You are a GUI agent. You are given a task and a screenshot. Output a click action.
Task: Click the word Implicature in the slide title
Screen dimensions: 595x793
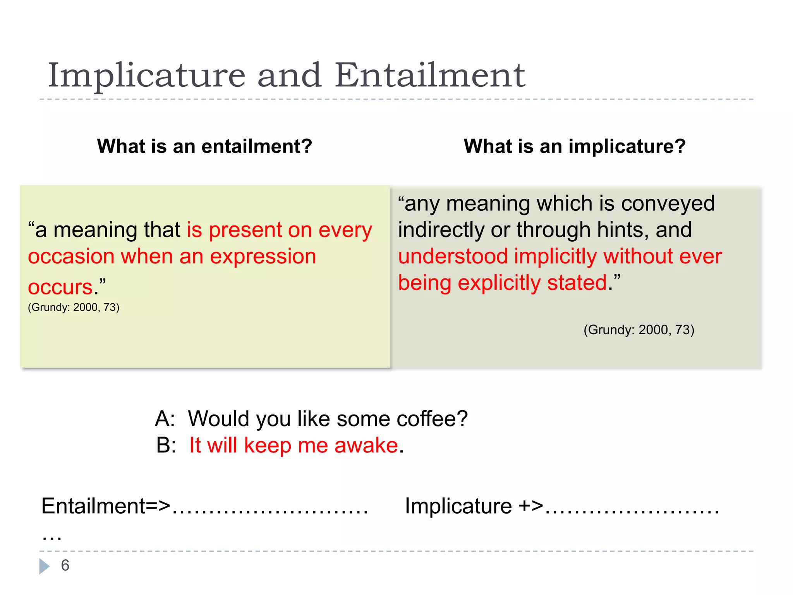146,76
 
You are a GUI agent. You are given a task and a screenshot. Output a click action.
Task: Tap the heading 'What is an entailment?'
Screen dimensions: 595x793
204,146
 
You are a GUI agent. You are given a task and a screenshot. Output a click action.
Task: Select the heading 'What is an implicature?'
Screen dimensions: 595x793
575,146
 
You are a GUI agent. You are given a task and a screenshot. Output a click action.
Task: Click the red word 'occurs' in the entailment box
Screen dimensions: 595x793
60,287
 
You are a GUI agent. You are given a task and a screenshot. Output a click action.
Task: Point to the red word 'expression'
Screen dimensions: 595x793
263,257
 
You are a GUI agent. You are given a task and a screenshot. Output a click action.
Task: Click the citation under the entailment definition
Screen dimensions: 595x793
74,308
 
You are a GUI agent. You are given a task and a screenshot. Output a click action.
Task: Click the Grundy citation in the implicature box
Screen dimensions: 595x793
639,330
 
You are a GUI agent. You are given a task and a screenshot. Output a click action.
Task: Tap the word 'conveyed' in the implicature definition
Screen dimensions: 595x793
668,204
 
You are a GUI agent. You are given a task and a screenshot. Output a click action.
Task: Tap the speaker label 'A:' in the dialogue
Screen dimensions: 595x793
165,419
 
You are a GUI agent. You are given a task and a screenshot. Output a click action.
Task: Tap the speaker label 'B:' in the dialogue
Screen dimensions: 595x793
166,445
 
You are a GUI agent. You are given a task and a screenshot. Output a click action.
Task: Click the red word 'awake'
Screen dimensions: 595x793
366,445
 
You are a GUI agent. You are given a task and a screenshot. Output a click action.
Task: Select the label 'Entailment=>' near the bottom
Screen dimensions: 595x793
106,506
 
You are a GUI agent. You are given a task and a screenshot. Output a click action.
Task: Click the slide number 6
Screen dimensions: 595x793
65,566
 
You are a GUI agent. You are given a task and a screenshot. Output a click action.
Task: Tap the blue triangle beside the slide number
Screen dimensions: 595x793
44,566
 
